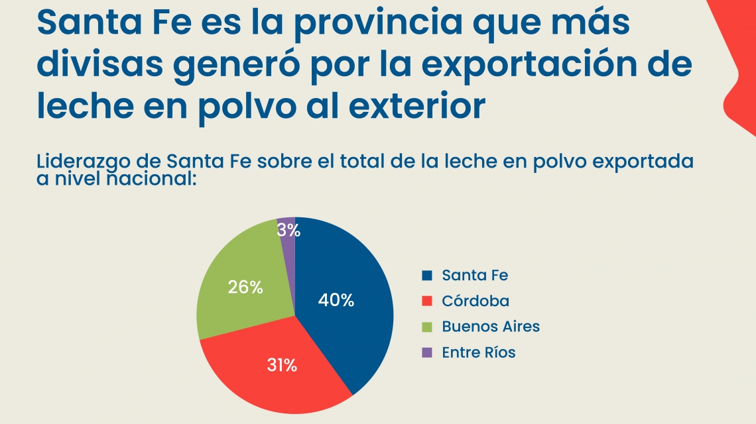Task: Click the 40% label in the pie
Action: pyautogui.click(x=336, y=300)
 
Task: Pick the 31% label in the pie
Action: pyautogui.click(x=282, y=365)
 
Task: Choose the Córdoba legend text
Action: pyautogui.click(x=475, y=301)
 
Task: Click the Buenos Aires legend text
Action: pyautogui.click(x=491, y=327)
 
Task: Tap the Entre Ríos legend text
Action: pyautogui.click(x=479, y=352)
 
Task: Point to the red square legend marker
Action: pyautogui.click(x=427, y=301)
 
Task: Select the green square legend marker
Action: pyautogui.click(x=427, y=327)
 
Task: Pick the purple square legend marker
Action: pyautogui.click(x=427, y=352)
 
